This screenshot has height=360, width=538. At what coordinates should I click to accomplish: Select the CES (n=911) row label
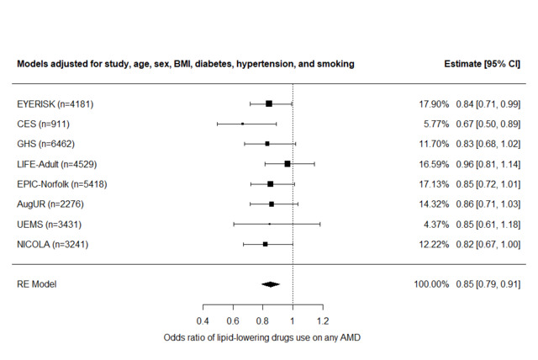pos(43,124)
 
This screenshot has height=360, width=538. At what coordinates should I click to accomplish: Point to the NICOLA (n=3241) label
pos(52,244)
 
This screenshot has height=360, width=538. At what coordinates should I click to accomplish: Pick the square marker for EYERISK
pos(269,103)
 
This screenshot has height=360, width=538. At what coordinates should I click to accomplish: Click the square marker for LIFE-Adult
pos(287,164)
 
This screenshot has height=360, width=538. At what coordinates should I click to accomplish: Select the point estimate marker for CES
pos(242,124)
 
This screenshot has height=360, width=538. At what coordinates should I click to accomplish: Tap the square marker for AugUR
pos(272,204)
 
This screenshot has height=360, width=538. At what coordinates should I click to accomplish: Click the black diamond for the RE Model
pos(270,284)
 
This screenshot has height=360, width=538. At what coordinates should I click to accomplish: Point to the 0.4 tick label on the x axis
pos(203,321)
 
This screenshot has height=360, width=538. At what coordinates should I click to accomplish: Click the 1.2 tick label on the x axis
pos(322,321)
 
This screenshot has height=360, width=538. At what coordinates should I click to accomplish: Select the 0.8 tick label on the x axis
pos(262,321)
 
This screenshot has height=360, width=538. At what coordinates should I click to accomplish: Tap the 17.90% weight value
pos(435,103)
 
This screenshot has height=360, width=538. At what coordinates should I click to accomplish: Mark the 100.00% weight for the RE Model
pos(432,284)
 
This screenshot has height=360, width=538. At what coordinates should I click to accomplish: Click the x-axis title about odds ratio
pos(262,338)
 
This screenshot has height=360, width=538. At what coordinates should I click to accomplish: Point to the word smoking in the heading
pos(335,64)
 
